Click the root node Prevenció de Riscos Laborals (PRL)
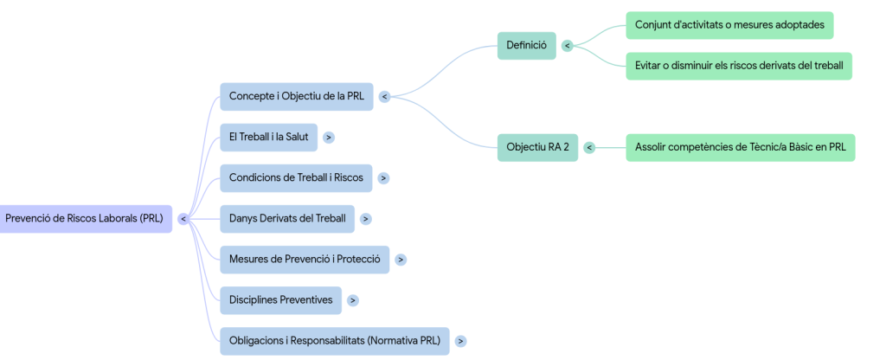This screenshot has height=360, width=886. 84,218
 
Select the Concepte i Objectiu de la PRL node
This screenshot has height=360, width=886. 296,96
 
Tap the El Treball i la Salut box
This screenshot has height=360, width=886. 268,137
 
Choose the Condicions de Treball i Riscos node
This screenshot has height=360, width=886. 296,177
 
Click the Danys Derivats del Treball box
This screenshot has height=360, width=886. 286,218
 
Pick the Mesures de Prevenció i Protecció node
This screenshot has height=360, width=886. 305,259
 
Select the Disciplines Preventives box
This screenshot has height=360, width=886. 280,299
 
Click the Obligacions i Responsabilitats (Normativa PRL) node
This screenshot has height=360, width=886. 334,340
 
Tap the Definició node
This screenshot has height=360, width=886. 526,46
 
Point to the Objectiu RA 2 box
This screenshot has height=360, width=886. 537,147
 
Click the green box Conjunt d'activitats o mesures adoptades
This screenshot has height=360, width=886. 729,25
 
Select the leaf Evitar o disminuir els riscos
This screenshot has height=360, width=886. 738,66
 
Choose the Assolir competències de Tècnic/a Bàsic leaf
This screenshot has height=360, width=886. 740,147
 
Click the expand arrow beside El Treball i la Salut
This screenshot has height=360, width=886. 329,138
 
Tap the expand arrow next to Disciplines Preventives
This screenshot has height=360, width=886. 353,300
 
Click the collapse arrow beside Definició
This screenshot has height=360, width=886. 567,46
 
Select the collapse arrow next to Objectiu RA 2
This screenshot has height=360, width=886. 589,148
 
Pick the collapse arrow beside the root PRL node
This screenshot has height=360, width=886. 183,219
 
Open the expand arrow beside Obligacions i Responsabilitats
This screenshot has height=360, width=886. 460,341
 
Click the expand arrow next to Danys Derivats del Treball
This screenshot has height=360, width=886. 366,219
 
